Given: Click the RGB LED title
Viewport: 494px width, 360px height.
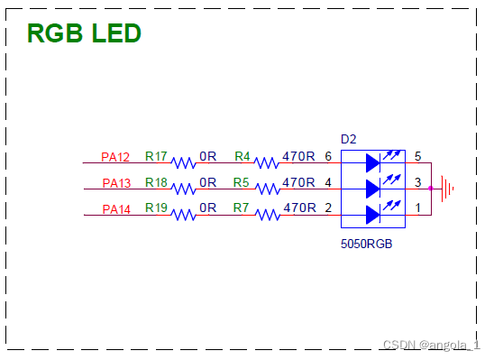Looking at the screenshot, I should (84, 33).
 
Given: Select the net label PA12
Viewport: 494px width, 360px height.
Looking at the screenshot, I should (115, 157).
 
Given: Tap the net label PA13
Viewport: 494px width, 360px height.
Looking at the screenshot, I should (115, 183).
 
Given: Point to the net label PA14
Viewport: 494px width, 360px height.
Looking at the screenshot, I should (115, 209).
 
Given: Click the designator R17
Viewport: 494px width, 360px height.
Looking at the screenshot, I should (156, 156).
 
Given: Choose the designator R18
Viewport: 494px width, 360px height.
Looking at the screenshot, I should (156, 182).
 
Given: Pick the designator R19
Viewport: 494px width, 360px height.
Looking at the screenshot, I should (156, 208).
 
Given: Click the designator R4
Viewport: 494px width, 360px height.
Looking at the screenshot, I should (242, 156).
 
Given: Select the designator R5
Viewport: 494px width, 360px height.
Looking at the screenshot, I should (242, 182).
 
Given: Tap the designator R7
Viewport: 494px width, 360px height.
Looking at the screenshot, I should (242, 208).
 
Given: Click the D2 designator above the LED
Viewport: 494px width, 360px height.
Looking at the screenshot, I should (349, 139).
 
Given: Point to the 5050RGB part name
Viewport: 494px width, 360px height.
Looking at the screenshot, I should (365, 245).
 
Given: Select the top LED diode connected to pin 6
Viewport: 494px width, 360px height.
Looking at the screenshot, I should (374, 163).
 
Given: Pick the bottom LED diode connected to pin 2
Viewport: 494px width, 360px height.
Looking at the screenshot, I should (374, 215).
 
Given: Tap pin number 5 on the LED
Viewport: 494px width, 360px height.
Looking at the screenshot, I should (417, 156).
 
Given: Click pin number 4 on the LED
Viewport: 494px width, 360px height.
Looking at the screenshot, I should (328, 182).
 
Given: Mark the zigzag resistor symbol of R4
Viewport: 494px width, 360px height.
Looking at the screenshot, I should (267, 163).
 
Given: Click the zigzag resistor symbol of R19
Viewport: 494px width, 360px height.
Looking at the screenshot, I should (185, 216).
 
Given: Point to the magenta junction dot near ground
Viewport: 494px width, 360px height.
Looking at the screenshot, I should (432, 189).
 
